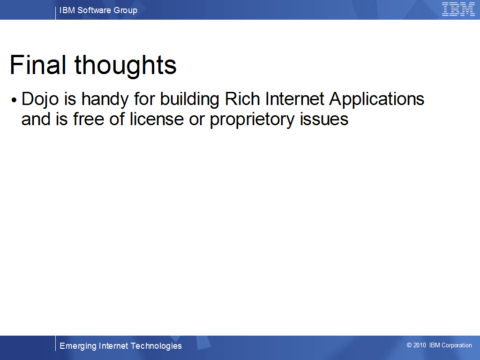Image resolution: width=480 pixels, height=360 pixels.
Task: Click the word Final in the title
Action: coord(38,65)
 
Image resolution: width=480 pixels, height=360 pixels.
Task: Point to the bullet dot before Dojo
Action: coord(14,100)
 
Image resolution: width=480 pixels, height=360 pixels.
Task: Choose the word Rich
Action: coord(242,99)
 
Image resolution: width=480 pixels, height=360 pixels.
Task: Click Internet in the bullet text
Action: coord(294,99)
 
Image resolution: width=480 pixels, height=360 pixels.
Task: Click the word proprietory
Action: coord(252,120)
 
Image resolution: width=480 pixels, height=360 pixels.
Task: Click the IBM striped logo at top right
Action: coord(458,9)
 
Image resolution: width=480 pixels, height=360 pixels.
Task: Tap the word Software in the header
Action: coord(94,10)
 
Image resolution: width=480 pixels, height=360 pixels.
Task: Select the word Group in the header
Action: coord(125,11)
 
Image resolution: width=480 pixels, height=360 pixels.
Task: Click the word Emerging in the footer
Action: coord(78,346)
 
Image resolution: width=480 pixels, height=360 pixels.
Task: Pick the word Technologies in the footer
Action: coord(156,346)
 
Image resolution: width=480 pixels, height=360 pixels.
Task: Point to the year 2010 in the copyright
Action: coord(420,345)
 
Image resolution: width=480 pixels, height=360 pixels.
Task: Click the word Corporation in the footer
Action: coord(457,345)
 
